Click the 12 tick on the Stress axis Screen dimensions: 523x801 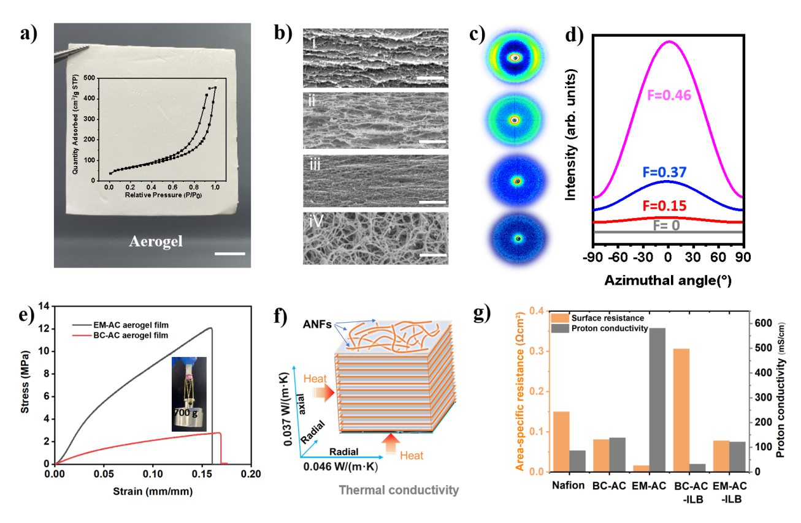tap(43, 328)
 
